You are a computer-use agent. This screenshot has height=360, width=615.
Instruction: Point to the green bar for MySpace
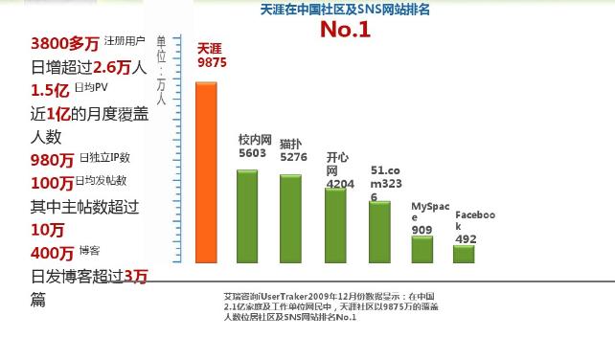[422, 249]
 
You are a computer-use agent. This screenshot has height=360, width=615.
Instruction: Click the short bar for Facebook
[465, 254]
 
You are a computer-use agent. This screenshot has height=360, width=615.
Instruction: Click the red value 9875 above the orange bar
[212, 62]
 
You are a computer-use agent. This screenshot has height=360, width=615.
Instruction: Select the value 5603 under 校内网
[252, 152]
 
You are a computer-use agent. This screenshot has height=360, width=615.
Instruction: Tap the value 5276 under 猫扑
[293, 156]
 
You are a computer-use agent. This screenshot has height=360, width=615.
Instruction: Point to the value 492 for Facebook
[466, 239]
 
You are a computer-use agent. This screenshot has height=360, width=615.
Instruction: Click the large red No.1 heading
[345, 29]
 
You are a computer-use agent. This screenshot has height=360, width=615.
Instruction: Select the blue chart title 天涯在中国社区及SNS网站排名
[345, 9]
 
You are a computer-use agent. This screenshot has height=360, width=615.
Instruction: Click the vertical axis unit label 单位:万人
[161, 70]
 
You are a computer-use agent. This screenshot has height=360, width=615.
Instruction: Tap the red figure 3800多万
[64, 43]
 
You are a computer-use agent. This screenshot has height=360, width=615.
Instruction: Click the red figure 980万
[52, 160]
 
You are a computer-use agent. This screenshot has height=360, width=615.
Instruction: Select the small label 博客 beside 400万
[90, 251]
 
